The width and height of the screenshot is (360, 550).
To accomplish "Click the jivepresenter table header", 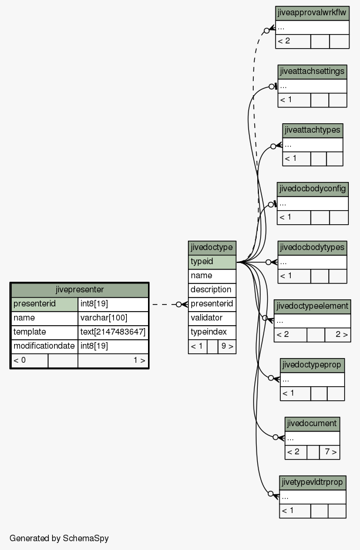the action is point(80,290).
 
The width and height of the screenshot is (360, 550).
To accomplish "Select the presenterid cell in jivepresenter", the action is point(45,304).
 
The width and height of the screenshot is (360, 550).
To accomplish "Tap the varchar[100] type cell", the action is point(113,318).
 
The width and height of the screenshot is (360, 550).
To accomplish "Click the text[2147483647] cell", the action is point(113,332).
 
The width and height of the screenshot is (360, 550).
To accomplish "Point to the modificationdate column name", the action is point(45,346).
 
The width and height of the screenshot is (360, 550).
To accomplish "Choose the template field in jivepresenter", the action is point(45,332).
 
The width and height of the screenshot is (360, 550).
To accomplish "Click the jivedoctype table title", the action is point(212,248).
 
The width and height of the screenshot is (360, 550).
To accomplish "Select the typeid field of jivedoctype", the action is point(212,262).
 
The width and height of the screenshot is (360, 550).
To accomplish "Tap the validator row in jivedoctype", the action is point(212,318).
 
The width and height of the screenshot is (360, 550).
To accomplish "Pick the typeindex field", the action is point(212,332).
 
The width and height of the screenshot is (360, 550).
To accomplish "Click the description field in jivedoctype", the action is point(212,290).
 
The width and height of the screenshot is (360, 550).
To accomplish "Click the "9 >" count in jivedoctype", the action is point(227,346).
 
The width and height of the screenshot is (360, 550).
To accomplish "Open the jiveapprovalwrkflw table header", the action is point(312,13).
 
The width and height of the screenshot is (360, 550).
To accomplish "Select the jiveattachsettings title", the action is point(312,72).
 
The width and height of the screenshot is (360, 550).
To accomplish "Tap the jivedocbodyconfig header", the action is point(312,189).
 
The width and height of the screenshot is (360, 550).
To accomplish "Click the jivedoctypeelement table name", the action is point(312,306).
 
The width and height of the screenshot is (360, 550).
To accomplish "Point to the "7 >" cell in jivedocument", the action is point(329,452).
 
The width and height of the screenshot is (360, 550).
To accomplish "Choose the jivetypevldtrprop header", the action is point(312,482).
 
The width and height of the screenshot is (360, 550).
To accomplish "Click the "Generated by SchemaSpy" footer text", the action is point(59,538).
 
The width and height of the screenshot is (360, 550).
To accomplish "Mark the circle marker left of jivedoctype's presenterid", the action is point(179,305).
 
